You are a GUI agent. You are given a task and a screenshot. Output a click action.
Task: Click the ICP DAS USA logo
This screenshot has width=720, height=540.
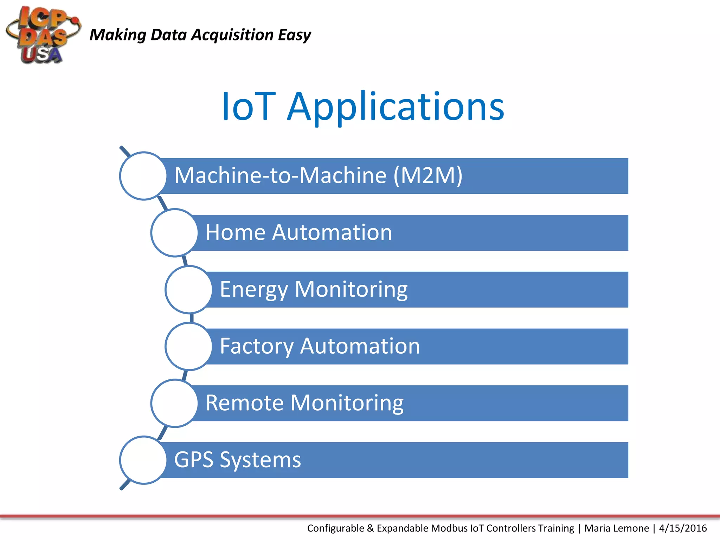coord(42,35)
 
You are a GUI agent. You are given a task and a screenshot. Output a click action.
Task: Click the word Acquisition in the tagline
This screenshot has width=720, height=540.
coord(232,35)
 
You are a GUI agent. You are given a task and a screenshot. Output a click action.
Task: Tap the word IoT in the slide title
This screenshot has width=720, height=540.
coord(248,107)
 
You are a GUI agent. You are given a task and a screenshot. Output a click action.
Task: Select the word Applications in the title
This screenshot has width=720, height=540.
coord(396,107)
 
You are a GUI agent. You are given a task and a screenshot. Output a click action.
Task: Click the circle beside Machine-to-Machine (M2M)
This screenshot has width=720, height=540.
coord(143,176)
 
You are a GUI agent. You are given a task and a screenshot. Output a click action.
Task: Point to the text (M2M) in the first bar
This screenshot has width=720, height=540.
coord(427,175)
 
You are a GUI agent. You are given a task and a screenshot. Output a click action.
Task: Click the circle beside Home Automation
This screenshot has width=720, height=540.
coord(174,233)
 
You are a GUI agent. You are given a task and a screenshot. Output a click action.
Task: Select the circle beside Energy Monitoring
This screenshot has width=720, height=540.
coord(189,289)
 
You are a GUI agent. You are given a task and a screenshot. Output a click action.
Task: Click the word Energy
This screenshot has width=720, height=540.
coord(254,290)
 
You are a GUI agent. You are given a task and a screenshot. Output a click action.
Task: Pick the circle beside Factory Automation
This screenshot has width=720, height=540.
coord(189,346)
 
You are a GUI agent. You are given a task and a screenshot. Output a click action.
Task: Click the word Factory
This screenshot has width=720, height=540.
coord(256,346)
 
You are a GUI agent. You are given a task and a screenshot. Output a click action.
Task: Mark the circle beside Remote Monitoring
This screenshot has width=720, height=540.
coord(174,403)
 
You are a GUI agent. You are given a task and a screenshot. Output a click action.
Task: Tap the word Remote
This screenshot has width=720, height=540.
coord(244,403)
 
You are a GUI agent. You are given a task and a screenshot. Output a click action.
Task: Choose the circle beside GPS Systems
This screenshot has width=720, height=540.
coord(143,460)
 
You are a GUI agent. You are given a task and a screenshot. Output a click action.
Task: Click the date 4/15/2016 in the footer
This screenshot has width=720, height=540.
coord(683,528)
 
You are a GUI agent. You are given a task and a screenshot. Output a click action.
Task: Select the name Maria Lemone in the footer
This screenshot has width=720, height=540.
coord(617,528)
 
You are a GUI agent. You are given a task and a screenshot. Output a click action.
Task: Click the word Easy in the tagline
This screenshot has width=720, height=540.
coord(294,35)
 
